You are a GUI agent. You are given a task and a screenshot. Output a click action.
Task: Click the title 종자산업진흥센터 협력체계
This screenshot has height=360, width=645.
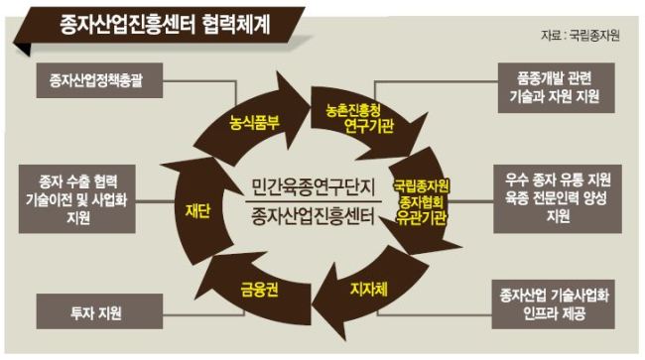pos(166,25)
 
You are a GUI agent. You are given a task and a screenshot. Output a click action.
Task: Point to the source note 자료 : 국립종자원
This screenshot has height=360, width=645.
pos(580,36)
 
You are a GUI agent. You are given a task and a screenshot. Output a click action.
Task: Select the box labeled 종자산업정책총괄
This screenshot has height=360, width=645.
pos(99,80)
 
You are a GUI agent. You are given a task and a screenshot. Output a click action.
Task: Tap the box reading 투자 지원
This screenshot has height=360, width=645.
pos(99,311)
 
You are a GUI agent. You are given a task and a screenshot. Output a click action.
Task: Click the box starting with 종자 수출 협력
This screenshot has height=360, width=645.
pos(77,199)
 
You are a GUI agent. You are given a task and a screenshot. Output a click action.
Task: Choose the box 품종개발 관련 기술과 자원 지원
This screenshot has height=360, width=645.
pos(556,88)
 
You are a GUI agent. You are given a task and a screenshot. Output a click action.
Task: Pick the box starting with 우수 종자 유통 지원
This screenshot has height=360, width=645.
pos(558,199)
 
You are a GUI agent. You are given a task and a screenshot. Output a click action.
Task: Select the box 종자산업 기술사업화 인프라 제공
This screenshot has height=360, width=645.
pos(554,304)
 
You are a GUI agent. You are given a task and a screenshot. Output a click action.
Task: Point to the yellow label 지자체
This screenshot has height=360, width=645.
pos(369,290)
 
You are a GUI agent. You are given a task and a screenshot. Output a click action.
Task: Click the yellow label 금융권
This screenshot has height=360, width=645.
pos(259,290)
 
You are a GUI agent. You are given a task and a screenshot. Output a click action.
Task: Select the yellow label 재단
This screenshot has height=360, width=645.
pos(197,210)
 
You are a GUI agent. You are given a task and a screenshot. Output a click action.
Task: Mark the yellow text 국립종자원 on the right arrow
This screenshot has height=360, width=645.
pos(421,186)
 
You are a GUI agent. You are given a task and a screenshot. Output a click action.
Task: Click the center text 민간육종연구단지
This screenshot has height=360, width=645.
pos(314,187)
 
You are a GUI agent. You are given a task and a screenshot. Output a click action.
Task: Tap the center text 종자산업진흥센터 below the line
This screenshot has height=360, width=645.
pos(314,216)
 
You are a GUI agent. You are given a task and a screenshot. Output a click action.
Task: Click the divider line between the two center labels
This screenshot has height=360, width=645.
pos(314,201)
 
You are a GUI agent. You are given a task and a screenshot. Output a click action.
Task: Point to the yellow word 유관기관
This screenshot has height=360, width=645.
pos(421,218)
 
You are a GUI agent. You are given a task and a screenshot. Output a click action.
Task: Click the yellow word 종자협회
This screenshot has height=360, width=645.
pos(421,202)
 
